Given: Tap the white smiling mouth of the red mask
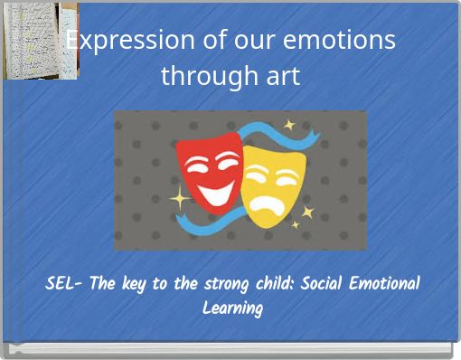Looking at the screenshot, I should [214, 190].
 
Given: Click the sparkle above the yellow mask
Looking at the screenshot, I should [289, 125].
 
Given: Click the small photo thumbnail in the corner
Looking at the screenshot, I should [40, 41].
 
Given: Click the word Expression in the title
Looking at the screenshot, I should [130, 41].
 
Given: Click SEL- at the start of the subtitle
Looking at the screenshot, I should [64, 284].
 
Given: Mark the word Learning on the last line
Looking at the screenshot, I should [232, 308].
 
